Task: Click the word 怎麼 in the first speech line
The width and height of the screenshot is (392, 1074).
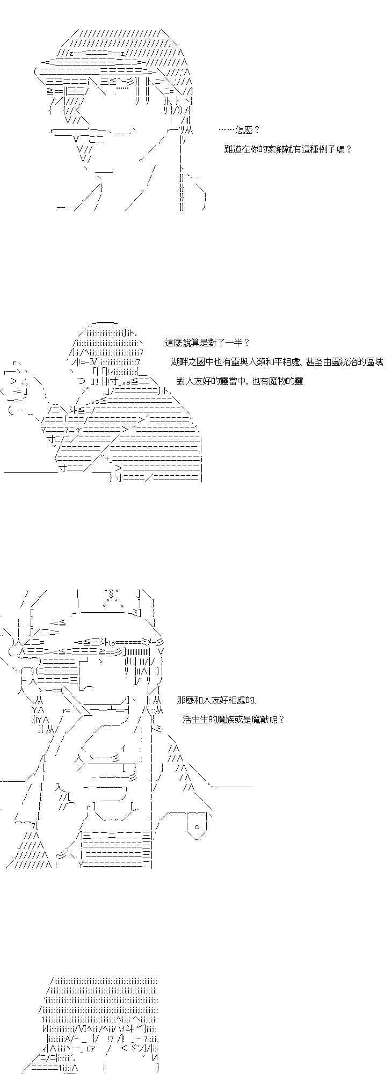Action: [x=244, y=129]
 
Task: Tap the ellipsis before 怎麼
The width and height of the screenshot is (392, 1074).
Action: [x=227, y=129]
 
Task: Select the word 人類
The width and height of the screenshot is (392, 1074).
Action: [x=255, y=361]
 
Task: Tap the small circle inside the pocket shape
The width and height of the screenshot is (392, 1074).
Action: [x=197, y=826]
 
